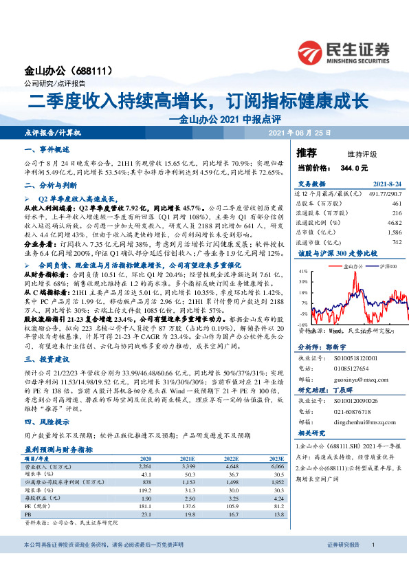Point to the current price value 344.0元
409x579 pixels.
354,167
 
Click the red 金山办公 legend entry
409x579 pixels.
349,265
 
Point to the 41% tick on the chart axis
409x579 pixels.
303,272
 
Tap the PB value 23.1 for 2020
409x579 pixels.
146,514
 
